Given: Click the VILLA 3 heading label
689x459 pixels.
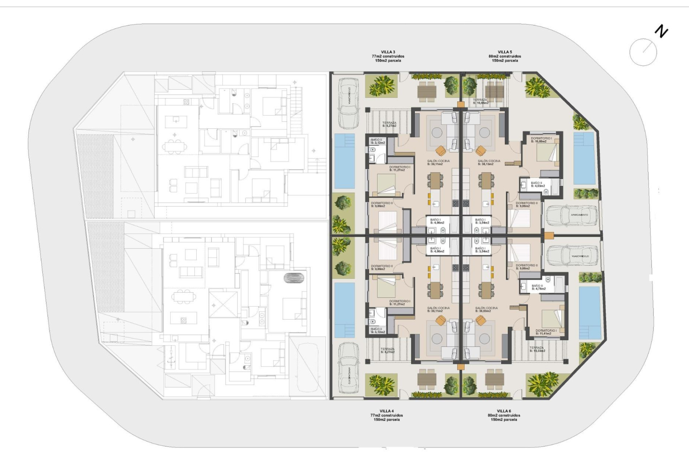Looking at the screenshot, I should (x=388, y=52).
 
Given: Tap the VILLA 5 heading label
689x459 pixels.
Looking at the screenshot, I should (x=505, y=52).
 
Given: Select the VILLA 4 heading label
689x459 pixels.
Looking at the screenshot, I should (x=386, y=411).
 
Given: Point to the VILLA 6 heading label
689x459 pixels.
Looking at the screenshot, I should (x=504, y=411).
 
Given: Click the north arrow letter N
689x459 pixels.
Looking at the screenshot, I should (x=661, y=32).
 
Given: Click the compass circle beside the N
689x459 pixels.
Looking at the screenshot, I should (x=643, y=52).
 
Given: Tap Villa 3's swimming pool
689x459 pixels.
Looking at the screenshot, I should (x=344, y=161).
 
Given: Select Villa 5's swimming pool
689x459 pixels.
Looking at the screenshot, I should (x=584, y=158).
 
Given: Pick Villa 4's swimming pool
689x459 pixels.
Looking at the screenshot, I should (x=344, y=310).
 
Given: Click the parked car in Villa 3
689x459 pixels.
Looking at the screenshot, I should (x=348, y=103).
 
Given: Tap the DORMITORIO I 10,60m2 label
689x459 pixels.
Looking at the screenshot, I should (x=541, y=140).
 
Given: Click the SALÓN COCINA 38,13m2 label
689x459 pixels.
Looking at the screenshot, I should (x=489, y=162).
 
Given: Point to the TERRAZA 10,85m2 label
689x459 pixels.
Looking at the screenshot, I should (x=480, y=101).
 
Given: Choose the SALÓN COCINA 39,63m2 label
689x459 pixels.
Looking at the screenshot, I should (x=486, y=309).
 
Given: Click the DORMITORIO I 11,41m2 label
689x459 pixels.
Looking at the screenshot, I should (x=545, y=332).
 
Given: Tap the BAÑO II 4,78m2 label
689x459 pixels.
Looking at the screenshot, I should (x=538, y=287).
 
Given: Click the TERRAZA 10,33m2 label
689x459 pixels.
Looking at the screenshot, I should (x=537, y=349).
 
